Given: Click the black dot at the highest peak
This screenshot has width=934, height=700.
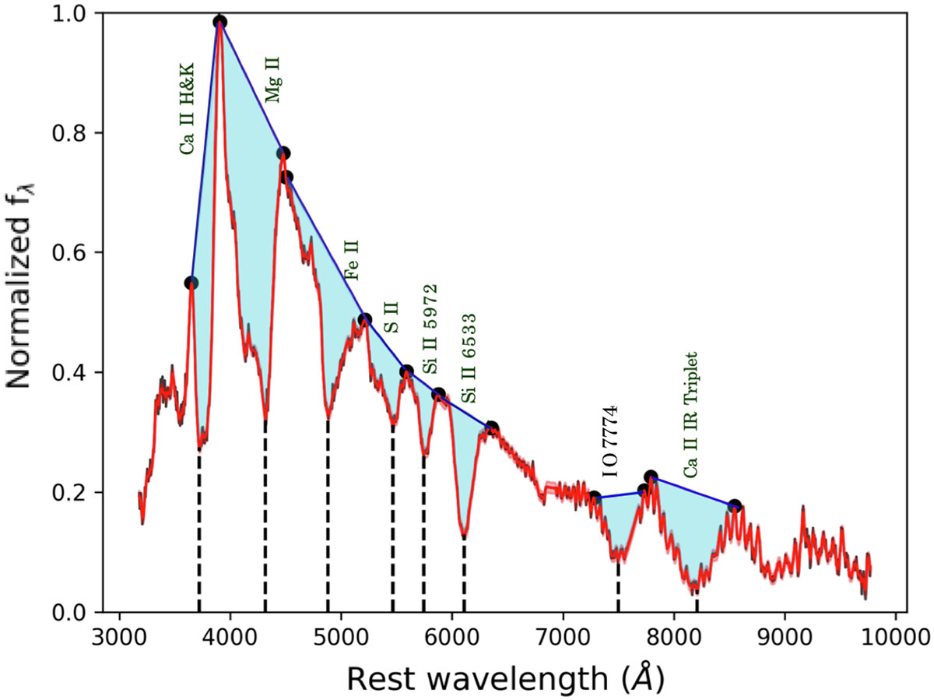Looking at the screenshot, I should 220,22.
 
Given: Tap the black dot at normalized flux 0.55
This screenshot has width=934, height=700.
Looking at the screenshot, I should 191,283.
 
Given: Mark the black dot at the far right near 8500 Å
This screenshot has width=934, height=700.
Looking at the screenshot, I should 733,506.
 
